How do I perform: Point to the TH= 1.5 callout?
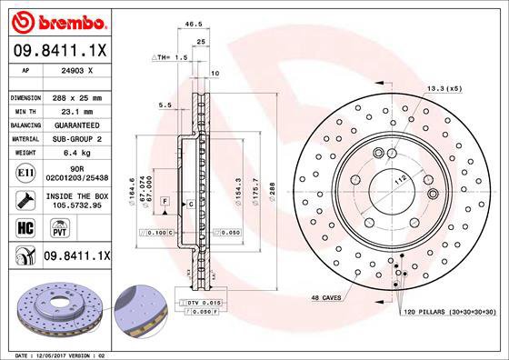click(171, 57)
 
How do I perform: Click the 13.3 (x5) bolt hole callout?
click(444, 88)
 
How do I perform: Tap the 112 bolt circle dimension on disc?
click(397, 181)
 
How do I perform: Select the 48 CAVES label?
click(328, 298)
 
